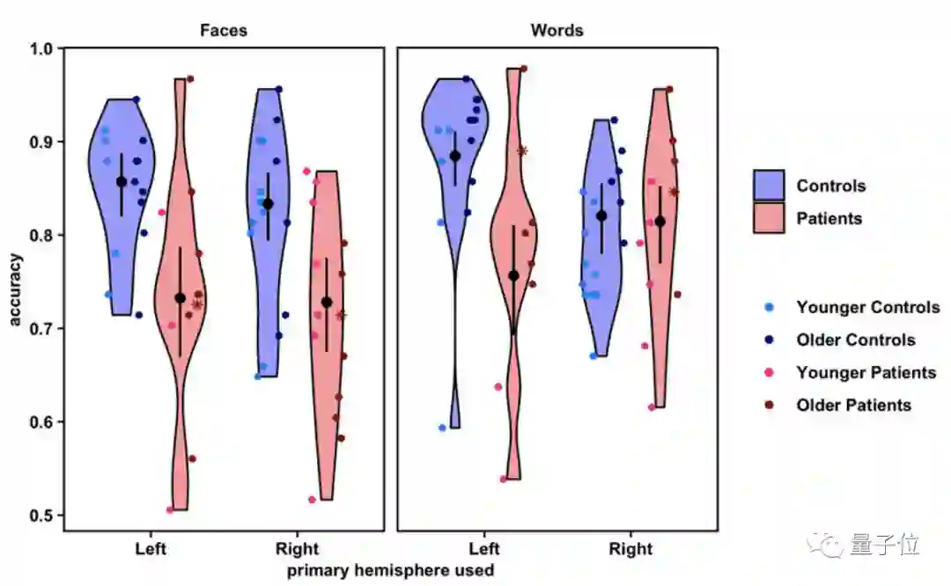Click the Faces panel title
224,30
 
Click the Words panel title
557,30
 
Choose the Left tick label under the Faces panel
151,549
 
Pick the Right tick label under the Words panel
631,549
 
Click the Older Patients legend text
853,406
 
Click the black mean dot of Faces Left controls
122,182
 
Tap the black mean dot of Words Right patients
660,222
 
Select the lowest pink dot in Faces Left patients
170,509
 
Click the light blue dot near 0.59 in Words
442,428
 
